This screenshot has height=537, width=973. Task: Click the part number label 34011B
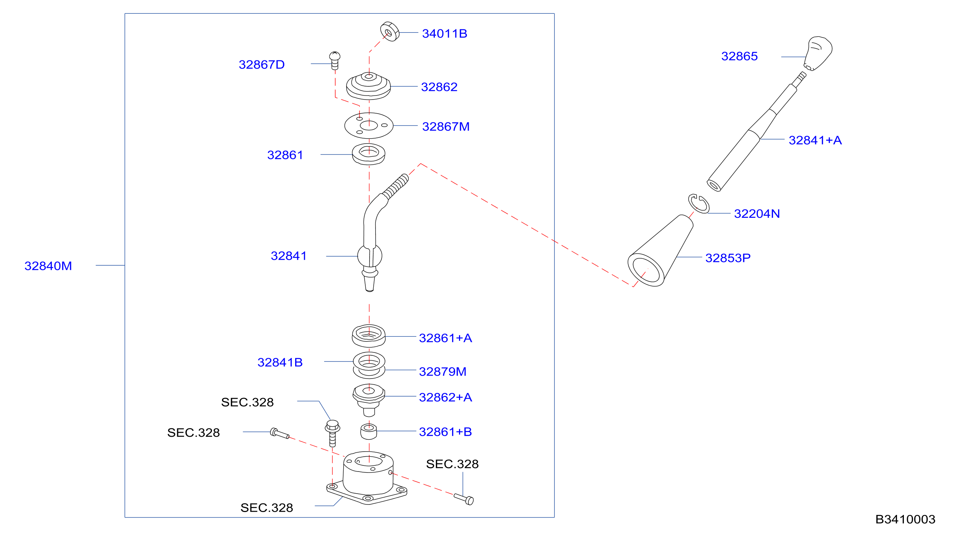click(444, 34)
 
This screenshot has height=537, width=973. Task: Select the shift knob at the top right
click(818, 53)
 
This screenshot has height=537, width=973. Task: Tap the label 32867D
click(262, 65)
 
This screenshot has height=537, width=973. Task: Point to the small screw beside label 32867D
click(335, 61)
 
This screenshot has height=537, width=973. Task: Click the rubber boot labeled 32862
click(368, 86)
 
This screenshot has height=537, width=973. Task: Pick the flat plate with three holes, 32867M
click(369, 126)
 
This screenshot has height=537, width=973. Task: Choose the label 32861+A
click(445, 338)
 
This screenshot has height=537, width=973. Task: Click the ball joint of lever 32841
click(369, 256)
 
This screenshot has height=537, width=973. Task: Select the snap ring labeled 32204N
click(698, 204)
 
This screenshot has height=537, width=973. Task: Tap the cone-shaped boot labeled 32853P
click(660, 251)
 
